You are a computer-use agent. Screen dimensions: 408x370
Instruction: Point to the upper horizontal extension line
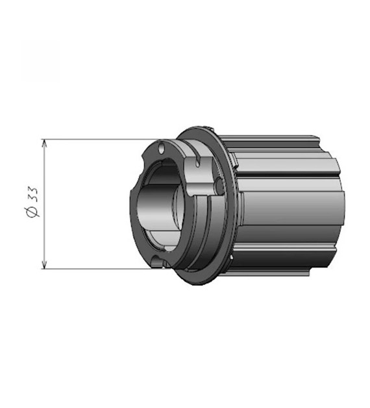[x=97, y=139]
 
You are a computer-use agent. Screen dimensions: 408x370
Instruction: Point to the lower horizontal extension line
[x=97, y=267]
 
